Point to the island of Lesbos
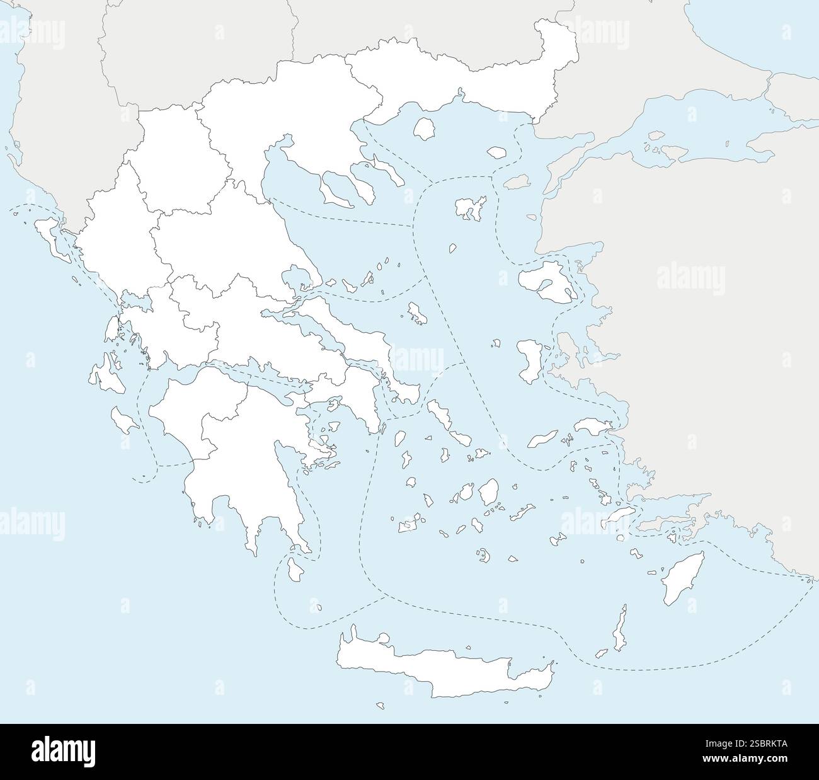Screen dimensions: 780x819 point(543,280)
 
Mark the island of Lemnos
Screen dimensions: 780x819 point(472,207)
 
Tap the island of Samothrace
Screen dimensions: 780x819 point(497,152)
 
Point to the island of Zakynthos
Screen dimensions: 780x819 point(123,420)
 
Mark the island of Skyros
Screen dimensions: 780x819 point(416,313)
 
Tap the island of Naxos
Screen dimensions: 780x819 point(488,492)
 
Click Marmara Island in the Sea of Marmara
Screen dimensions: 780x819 point(656,135)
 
